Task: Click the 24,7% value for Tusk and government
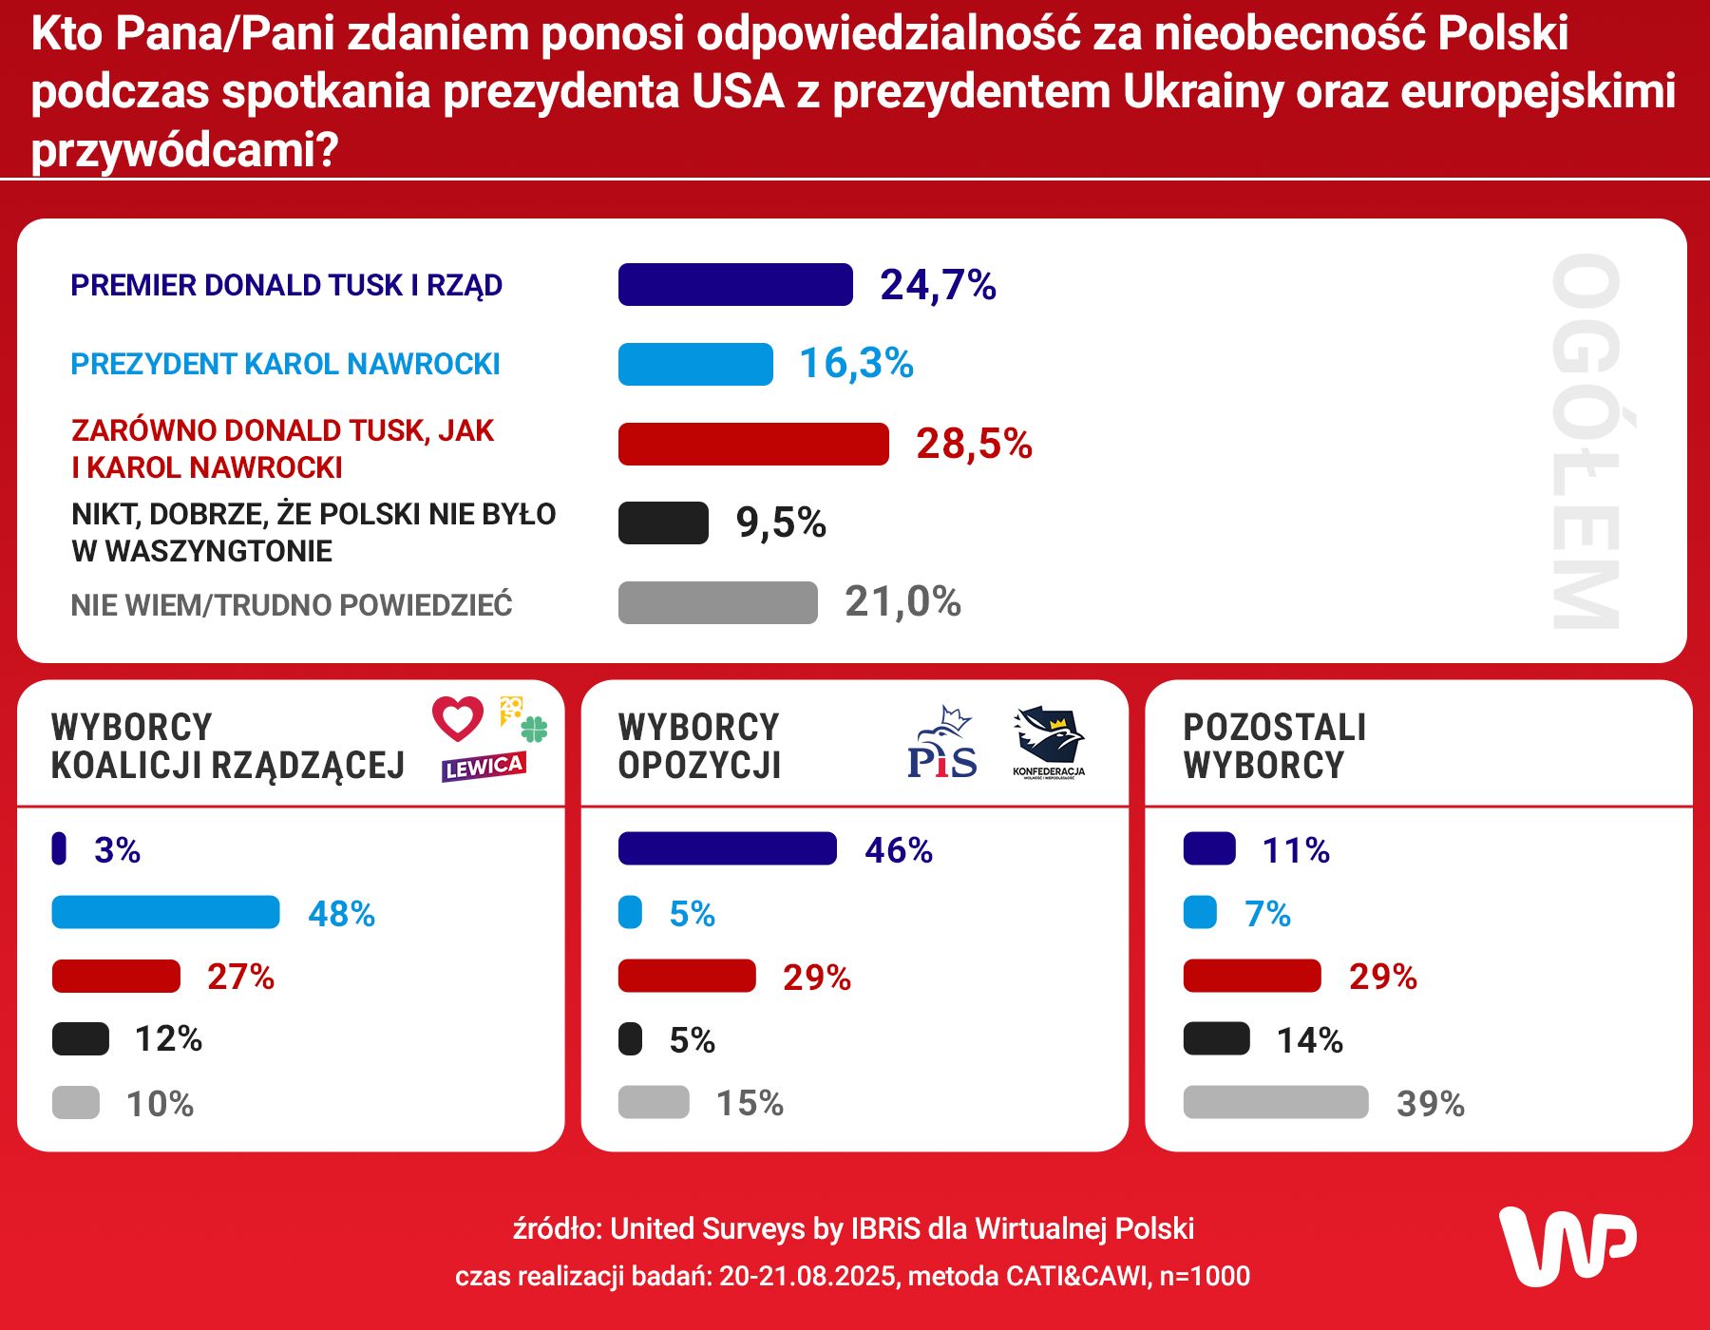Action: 938,285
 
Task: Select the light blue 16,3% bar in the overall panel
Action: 695,365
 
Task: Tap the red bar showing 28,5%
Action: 753,445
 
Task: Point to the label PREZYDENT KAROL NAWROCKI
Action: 285,365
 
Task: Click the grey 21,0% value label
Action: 902,602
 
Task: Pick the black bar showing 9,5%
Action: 663,523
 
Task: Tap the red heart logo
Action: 458,718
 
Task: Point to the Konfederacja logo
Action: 1049,742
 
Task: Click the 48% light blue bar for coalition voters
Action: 165,913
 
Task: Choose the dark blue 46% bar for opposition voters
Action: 727,849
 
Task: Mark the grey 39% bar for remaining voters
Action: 1275,1103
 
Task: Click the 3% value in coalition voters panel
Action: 117,850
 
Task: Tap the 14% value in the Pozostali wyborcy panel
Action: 1309,1041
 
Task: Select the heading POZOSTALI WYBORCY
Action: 1274,747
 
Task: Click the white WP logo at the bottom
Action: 1567,1246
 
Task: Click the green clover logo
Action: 535,729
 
